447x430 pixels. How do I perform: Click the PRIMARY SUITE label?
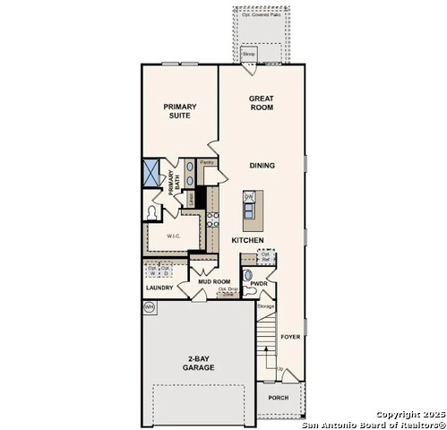(179, 111)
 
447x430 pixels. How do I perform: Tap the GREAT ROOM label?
(262, 102)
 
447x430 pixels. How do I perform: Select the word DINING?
(262, 166)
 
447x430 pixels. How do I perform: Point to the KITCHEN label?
(247, 241)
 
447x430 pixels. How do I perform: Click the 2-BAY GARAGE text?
(198, 363)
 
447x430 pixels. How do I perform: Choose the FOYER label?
(290, 338)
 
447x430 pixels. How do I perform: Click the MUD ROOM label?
(215, 281)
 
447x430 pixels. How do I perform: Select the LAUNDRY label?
(159, 288)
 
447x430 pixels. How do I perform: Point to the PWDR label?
(260, 283)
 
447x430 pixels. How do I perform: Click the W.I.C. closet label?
(172, 236)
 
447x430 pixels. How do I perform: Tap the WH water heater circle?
(149, 306)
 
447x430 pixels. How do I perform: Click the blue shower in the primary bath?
(151, 172)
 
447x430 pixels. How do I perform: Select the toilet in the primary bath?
(153, 212)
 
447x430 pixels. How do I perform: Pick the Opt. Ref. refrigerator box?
(266, 256)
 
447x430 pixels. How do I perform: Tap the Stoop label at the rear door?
(249, 55)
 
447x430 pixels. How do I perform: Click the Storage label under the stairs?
(265, 307)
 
